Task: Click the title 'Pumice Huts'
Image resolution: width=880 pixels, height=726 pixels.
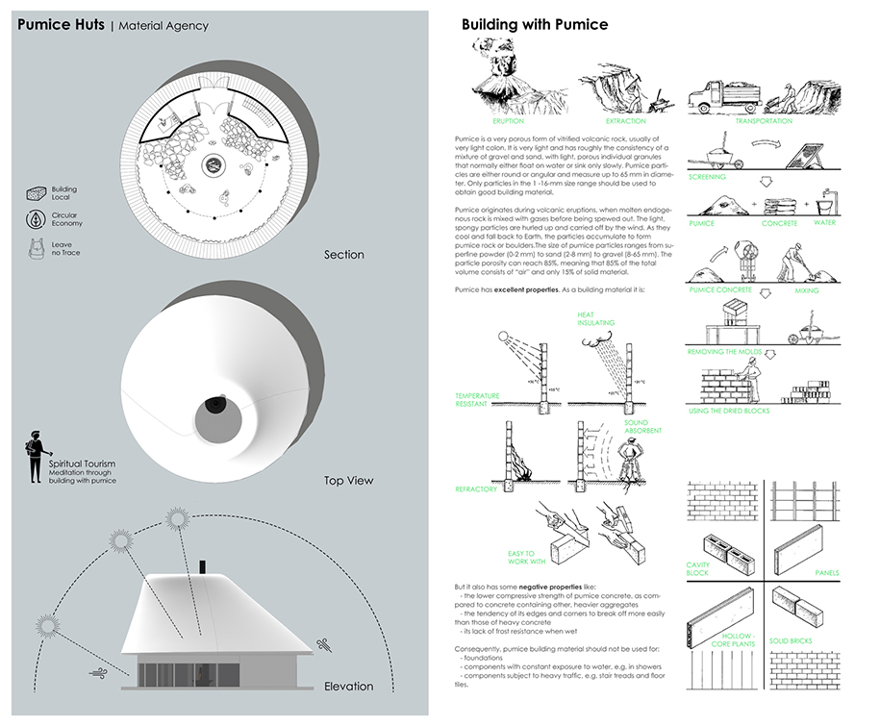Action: [x=61, y=25]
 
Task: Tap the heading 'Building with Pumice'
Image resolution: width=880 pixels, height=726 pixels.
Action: [x=534, y=24]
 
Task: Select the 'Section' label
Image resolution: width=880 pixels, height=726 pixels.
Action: [x=344, y=255]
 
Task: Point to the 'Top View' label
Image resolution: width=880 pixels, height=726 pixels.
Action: [x=347, y=480]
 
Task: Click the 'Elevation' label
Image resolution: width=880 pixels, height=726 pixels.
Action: [x=348, y=686]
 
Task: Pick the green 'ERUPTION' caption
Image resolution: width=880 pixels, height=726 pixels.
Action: [x=508, y=121]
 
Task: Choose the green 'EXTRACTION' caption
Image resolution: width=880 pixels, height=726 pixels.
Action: [x=626, y=121]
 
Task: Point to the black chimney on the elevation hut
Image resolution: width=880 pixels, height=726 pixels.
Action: [x=203, y=566]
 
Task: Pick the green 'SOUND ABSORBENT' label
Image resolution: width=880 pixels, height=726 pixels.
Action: [x=637, y=428]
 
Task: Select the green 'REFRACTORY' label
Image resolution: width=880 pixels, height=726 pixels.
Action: [x=476, y=489]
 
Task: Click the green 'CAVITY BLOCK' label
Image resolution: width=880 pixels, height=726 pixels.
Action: [x=698, y=569]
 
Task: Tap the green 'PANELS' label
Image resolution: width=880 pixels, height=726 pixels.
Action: [x=826, y=573]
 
